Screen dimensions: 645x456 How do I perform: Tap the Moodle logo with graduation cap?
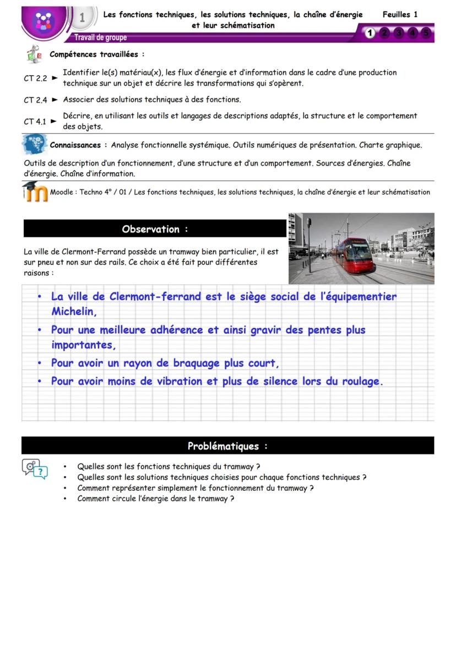tap(35, 192)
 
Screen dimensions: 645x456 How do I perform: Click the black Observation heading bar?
tap(155, 229)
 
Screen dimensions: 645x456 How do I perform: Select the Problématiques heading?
tap(227, 446)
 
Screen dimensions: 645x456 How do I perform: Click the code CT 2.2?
tap(35, 78)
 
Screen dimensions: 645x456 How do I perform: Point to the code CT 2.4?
tap(35, 100)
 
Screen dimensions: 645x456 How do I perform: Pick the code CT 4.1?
tap(35, 122)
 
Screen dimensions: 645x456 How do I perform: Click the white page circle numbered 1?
tap(370, 34)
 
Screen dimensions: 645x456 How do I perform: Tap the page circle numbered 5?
tap(426, 34)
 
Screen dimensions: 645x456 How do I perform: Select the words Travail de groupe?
tap(101, 38)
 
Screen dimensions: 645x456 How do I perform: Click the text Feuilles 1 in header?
tap(400, 15)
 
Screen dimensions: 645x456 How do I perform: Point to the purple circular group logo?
tap(42, 21)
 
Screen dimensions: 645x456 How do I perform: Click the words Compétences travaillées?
tap(97, 55)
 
